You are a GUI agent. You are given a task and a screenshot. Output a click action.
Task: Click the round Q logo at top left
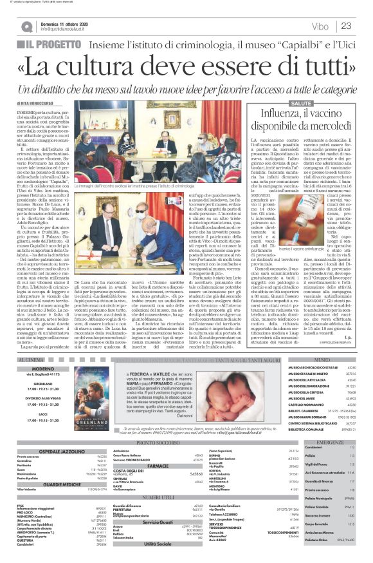26,26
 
